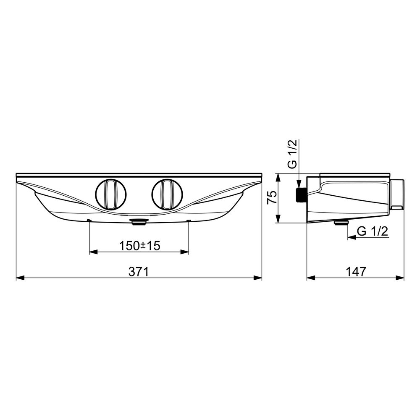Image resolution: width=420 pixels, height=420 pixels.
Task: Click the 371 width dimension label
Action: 139,271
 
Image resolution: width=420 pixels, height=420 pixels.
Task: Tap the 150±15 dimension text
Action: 139,245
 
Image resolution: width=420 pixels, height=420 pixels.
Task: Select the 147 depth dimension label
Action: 356,271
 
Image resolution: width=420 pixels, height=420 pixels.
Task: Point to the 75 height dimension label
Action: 272,198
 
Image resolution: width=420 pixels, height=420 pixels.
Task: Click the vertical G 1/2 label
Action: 293,154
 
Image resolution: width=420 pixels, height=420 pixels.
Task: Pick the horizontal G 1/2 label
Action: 373,231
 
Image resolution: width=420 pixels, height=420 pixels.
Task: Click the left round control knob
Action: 110,194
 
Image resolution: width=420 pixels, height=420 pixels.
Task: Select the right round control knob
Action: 167,194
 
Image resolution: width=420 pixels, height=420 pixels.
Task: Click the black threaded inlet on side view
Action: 301,194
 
